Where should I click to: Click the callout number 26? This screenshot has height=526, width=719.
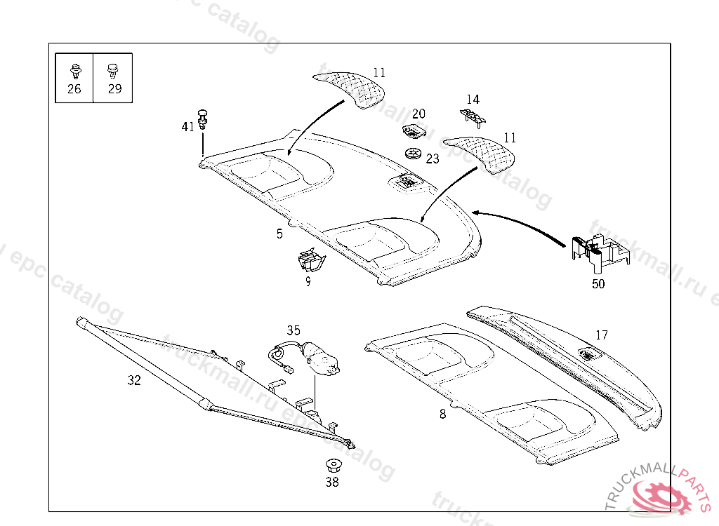[x=74, y=89]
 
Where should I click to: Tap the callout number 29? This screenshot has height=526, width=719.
[x=114, y=89]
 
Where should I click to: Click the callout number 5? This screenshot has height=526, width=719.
[x=279, y=234]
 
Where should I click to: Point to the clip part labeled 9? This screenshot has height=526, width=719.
[x=310, y=261]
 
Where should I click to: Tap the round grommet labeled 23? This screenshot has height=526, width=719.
[x=414, y=154]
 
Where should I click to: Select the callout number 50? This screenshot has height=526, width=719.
[x=598, y=284]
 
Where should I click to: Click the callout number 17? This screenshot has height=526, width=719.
[x=602, y=335]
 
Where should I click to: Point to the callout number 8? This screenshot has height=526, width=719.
[x=442, y=414]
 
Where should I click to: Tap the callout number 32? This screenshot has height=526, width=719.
[x=134, y=381]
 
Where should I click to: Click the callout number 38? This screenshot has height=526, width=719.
[x=332, y=483]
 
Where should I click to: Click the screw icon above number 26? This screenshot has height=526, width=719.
[x=74, y=70]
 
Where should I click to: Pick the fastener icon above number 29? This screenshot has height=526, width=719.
[x=112, y=70]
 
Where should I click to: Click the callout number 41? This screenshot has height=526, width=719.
[x=187, y=127]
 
